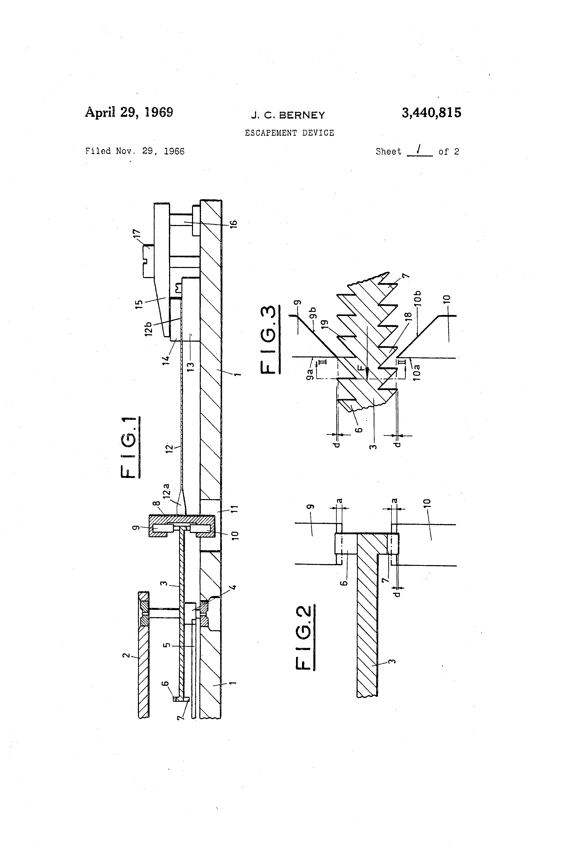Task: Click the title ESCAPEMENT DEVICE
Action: point(289,133)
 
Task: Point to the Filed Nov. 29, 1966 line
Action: point(135,151)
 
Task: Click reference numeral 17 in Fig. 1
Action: point(136,234)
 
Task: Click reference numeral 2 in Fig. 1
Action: point(126,656)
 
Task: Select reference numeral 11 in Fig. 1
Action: point(234,509)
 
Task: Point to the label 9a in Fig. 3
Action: point(310,371)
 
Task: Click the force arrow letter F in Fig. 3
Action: point(363,368)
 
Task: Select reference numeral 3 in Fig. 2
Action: point(393,661)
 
